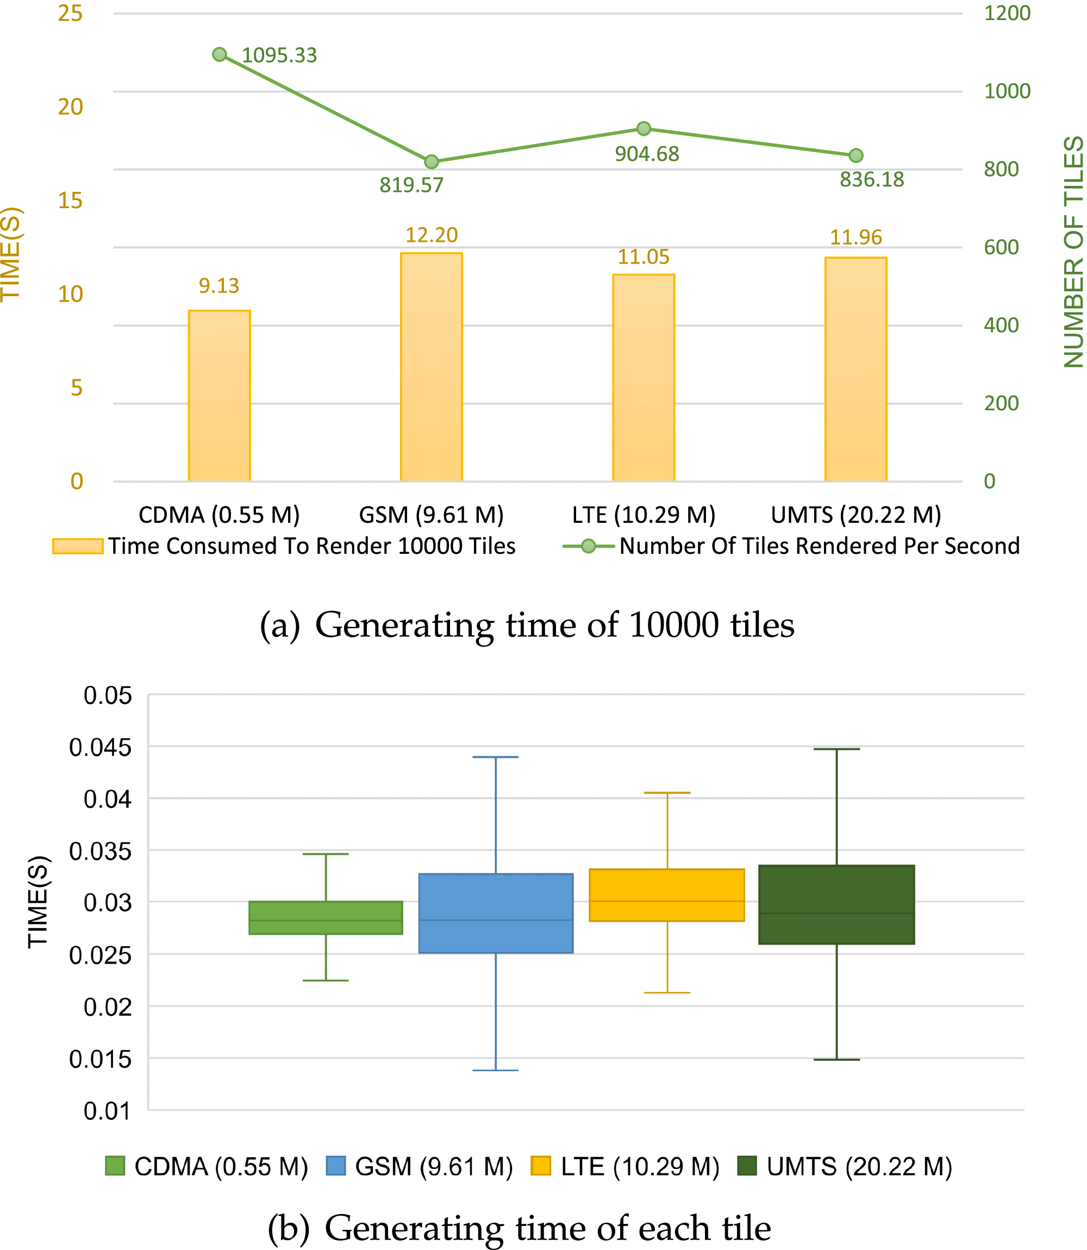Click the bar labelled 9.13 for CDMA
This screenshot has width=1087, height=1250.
[x=219, y=396]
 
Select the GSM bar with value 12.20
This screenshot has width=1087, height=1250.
[x=432, y=367]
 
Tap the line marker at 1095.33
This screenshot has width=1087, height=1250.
[x=220, y=54]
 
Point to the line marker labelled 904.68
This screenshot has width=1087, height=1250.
[x=644, y=129]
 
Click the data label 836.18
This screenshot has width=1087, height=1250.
[x=872, y=179]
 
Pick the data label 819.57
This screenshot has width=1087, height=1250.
[x=411, y=185]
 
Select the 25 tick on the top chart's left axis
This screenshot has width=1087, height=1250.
[x=70, y=14]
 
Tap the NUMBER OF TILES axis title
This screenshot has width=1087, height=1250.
[x=1073, y=252]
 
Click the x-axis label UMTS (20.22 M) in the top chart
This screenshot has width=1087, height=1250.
[x=856, y=515]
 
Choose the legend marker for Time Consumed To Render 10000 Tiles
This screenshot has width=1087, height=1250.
[x=78, y=546]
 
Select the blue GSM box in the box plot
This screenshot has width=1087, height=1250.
[x=496, y=914]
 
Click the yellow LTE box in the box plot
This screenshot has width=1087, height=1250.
[x=667, y=895]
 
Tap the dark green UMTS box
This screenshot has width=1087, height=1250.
[x=836, y=905]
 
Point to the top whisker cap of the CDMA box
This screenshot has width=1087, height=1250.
[x=326, y=854]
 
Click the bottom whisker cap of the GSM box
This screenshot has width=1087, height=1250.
[x=496, y=1071]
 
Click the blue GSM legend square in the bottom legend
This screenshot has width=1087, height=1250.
[x=335, y=1166]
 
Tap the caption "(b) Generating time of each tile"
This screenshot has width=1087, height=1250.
[x=519, y=1228]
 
